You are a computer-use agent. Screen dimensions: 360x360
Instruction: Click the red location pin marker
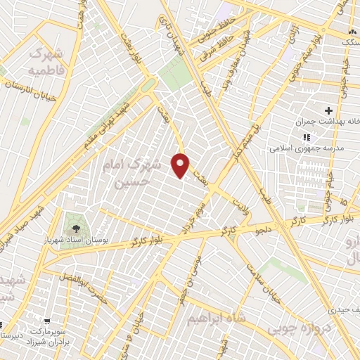[x=181, y=165]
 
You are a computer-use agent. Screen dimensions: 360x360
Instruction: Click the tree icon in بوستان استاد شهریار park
[x=75, y=228]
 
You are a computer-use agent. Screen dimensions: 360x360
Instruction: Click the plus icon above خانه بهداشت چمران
[x=328, y=110]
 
